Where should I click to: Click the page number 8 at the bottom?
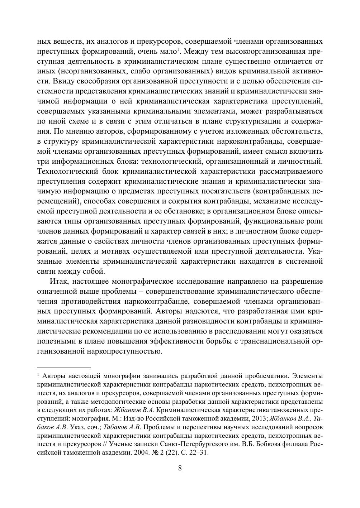(x=180, y=468)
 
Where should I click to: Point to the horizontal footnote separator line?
(x=64, y=368)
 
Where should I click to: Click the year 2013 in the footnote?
(x=258, y=418)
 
